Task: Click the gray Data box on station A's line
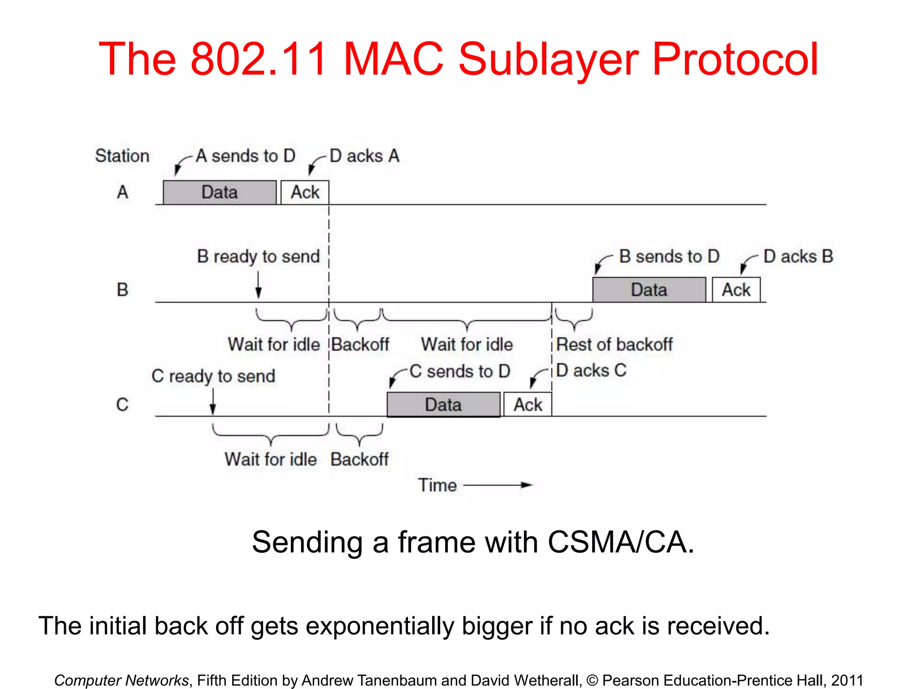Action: pyautogui.click(x=220, y=192)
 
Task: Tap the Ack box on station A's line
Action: pyautogui.click(x=305, y=192)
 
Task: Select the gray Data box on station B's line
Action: pyautogui.click(x=649, y=290)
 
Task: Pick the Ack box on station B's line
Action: pyautogui.click(x=736, y=290)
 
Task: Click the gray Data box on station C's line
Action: pyautogui.click(x=443, y=405)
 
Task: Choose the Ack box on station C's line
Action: pyautogui.click(x=528, y=405)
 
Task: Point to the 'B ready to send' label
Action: pyautogui.click(x=258, y=257)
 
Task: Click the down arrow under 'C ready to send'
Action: pyautogui.click(x=213, y=401)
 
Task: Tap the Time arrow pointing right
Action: pyautogui.click(x=498, y=485)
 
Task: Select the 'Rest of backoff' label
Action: pyautogui.click(x=614, y=344)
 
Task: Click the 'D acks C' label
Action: pyautogui.click(x=591, y=371)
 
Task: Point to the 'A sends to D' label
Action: pyautogui.click(x=246, y=156)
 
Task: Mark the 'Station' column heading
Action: pyautogui.click(x=122, y=156)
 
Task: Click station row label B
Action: pyautogui.click(x=122, y=290)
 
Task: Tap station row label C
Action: pyautogui.click(x=122, y=405)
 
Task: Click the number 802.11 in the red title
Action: pyautogui.click(x=259, y=59)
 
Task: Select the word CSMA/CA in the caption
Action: pyautogui.click(x=620, y=542)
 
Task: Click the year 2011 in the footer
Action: pyautogui.click(x=847, y=680)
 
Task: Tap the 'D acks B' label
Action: pyautogui.click(x=798, y=257)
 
